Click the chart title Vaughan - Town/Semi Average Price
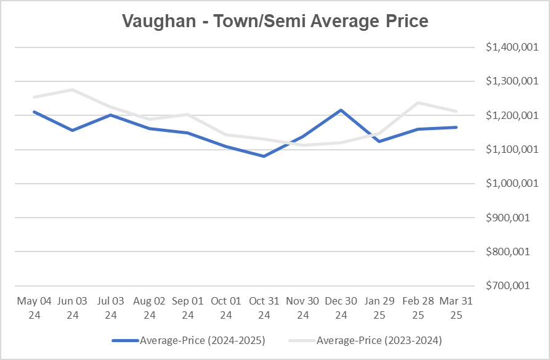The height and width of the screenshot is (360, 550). [275, 21]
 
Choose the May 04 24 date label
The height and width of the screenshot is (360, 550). [34, 307]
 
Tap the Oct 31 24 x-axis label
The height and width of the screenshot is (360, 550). [265, 307]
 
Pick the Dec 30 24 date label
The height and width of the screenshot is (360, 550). [341, 307]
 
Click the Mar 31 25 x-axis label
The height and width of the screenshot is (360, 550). [456, 307]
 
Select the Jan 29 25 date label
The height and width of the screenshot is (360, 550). [379, 307]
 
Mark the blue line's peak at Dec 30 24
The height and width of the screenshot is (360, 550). [341, 110]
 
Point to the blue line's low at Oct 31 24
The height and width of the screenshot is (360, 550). [265, 156]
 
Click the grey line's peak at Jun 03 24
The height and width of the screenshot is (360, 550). [73, 90]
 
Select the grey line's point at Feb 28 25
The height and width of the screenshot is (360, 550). [418, 103]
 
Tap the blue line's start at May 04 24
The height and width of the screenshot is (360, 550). [34, 112]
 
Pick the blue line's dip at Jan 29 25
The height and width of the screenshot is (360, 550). [379, 141]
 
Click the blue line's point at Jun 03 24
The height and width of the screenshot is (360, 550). [73, 130]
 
